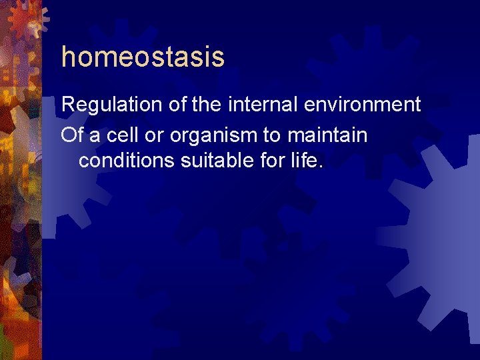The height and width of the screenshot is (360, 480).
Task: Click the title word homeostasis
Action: pyautogui.click(x=143, y=57)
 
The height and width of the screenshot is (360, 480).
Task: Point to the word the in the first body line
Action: pyautogui.click(x=206, y=105)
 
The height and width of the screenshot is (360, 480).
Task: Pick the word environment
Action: pyautogui.click(x=361, y=105)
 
